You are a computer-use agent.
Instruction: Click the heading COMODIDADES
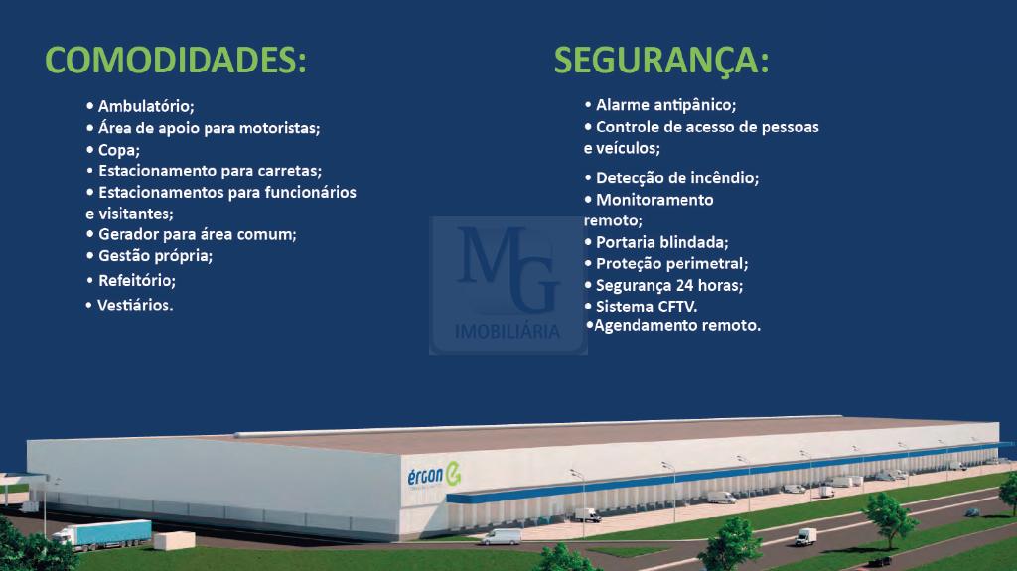(175, 61)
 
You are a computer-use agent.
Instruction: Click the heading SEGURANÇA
(660, 62)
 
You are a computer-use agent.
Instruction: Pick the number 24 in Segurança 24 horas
(684, 285)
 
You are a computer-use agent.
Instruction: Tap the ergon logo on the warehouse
(434, 475)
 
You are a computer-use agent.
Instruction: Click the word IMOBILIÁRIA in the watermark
(508, 332)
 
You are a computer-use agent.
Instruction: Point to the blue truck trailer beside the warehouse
(110, 533)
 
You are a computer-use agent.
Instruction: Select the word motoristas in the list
(279, 128)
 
